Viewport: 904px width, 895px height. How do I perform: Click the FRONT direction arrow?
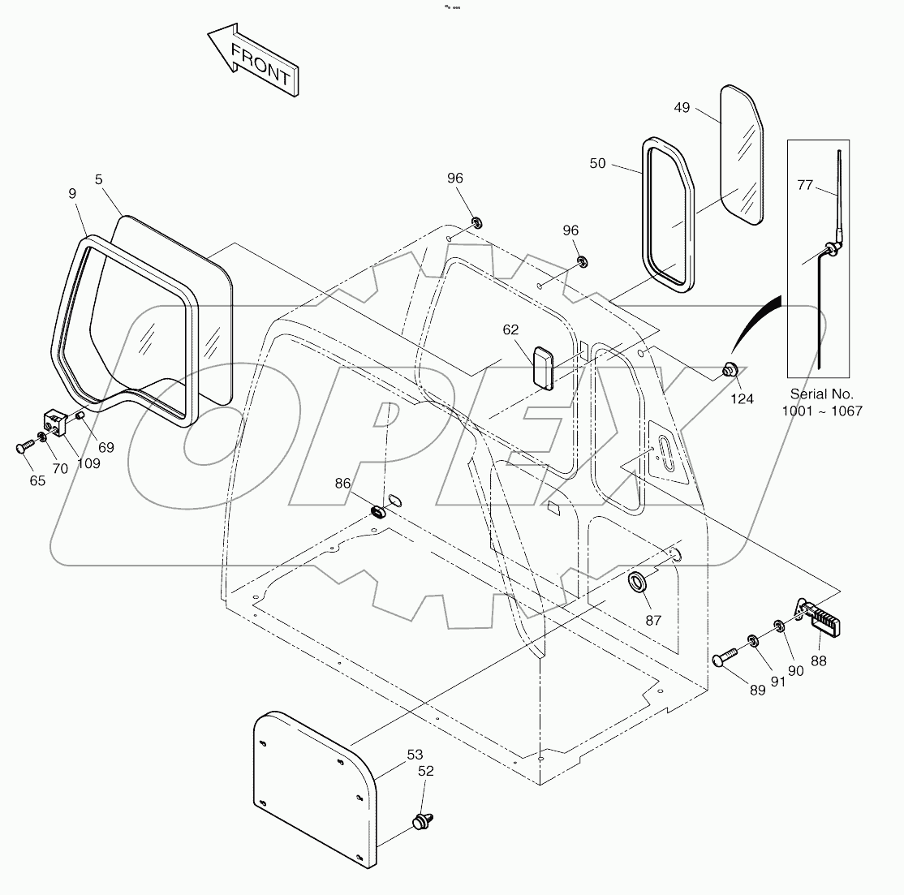pyautogui.click(x=254, y=61)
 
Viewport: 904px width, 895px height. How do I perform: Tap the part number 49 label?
pyautogui.click(x=682, y=107)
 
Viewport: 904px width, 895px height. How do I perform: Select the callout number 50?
pyautogui.click(x=597, y=163)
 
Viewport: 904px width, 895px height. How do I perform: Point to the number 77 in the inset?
pyautogui.click(x=804, y=186)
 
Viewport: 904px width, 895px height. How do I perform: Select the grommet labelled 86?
pyautogui.click(x=378, y=512)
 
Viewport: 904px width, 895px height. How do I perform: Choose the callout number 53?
pyautogui.click(x=415, y=754)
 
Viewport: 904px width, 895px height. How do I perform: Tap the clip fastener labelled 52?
pyautogui.click(x=422, y=821)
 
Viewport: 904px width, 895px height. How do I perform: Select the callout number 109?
pyautogui.click(x=88, y=463)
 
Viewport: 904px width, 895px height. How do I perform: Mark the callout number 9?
pyautogui.click(x=72, y=193)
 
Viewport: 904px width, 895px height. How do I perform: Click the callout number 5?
pyautogui.click(x=98, y=179)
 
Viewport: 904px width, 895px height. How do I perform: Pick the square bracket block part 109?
pyautogui.click(x=54, y=421)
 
